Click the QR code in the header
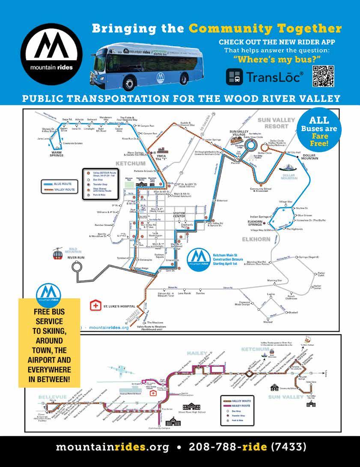point(324,76)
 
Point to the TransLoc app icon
point(235,77)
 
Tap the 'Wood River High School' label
point(192,412)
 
